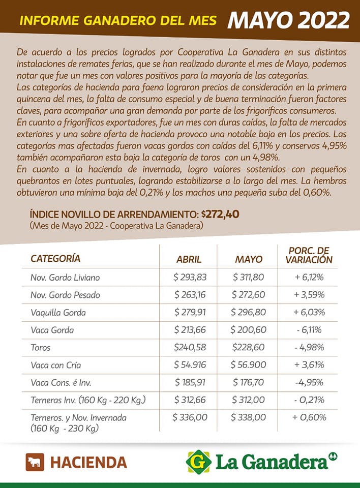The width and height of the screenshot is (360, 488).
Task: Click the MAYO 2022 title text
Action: pos(288,20)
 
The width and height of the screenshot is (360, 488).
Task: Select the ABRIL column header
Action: pos(189,259)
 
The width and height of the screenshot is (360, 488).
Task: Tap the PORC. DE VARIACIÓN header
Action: pos(309,255)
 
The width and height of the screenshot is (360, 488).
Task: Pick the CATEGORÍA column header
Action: pos(55,258)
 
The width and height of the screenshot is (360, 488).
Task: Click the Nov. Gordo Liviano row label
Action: pos(65,278)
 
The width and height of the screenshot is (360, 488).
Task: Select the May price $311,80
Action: pos(248,278)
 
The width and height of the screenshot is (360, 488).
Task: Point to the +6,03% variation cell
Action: pos(309,312)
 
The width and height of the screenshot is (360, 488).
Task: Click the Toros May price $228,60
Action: pos(248,347)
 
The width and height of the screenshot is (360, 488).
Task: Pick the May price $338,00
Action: pos(248,417)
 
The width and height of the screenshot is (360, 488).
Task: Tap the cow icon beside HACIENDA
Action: pos(35,462)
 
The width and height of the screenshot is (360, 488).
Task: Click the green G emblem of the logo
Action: pos(199,462)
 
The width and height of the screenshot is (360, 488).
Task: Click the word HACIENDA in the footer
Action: pos(88,462)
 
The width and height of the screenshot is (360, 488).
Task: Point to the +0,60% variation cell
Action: pos(309,417)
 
